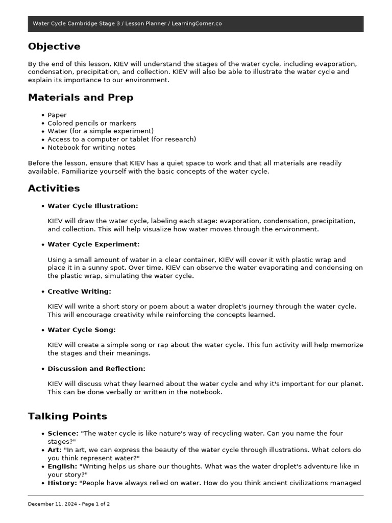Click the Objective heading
(54, 46)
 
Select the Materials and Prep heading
(81, 98)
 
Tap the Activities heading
(54, 188)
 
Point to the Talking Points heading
(67, 416)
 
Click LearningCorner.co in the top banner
(197, 23)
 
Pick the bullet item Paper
(57, 115)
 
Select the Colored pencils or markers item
(92, 123)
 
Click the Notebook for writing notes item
(91, 148)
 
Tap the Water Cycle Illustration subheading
(92, 206)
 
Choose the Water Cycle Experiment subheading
(93, 245)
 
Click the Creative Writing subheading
(79, 292)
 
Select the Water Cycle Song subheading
(81, 330)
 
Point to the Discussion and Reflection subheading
(96, 369)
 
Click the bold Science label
(63, 433)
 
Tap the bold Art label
(55, 450)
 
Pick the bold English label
(62, 466)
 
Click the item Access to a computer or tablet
(121, 139)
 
